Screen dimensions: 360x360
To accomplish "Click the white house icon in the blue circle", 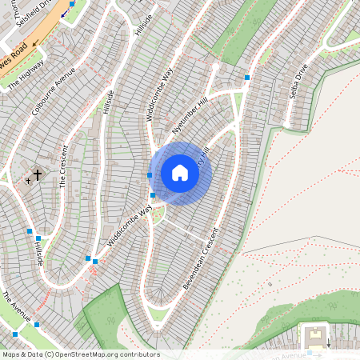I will [180, 173].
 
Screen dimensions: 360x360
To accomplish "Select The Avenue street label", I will [16, 307].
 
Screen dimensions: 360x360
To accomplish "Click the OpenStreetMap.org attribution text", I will [94, 354].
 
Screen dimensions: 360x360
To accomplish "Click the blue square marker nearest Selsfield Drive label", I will [72, 4].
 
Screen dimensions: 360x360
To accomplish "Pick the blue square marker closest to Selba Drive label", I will [247, 78].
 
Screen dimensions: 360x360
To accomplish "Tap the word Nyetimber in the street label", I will [184, 122].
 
